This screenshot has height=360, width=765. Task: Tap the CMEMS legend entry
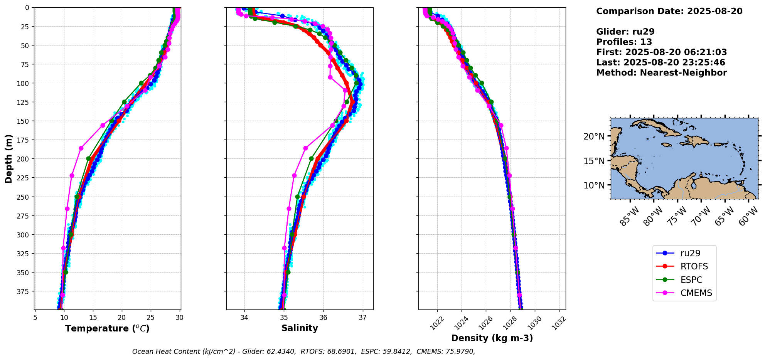[684, 293]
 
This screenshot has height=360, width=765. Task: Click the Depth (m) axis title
[9, 159]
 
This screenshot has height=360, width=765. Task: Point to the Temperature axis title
[107, 328]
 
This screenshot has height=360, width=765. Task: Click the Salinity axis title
[300, 328]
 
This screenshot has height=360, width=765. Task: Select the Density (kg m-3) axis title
[492, 338]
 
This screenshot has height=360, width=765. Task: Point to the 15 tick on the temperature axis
[93, 318]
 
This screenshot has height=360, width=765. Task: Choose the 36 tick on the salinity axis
[324, 318]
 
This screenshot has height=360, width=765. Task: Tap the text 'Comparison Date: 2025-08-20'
[669, 11]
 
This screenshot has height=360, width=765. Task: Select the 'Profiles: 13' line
[624, 42]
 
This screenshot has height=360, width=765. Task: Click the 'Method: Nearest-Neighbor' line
[662, 73]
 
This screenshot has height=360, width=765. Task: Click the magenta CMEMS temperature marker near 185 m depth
[81, 148]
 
